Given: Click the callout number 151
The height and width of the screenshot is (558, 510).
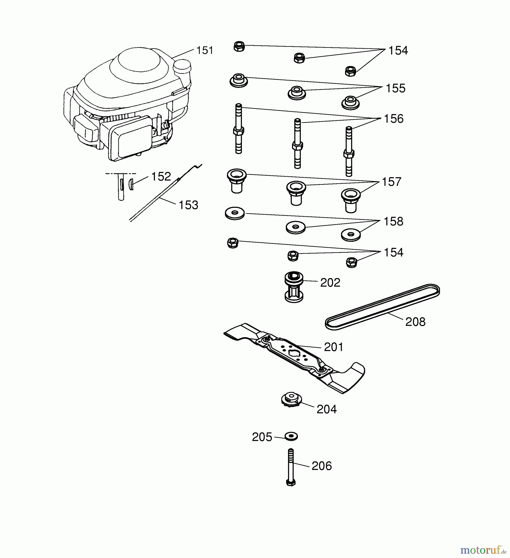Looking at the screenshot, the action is pos(205,50).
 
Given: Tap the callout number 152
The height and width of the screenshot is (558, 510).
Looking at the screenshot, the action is pos(161,176).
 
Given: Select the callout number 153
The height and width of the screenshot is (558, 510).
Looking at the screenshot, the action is pos(188,205).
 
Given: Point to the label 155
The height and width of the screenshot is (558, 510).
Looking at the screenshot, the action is pos(395,88).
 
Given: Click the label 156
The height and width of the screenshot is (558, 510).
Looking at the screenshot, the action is pos(394,119).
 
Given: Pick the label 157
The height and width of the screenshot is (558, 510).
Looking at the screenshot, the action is pos(392,182).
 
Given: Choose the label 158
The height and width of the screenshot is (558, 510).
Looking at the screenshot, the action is pos(393,221).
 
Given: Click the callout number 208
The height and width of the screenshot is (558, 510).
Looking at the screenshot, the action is pos(415,322).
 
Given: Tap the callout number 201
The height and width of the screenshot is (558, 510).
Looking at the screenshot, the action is pos(334,347).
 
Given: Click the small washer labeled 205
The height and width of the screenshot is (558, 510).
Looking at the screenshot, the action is pos(291,436).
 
